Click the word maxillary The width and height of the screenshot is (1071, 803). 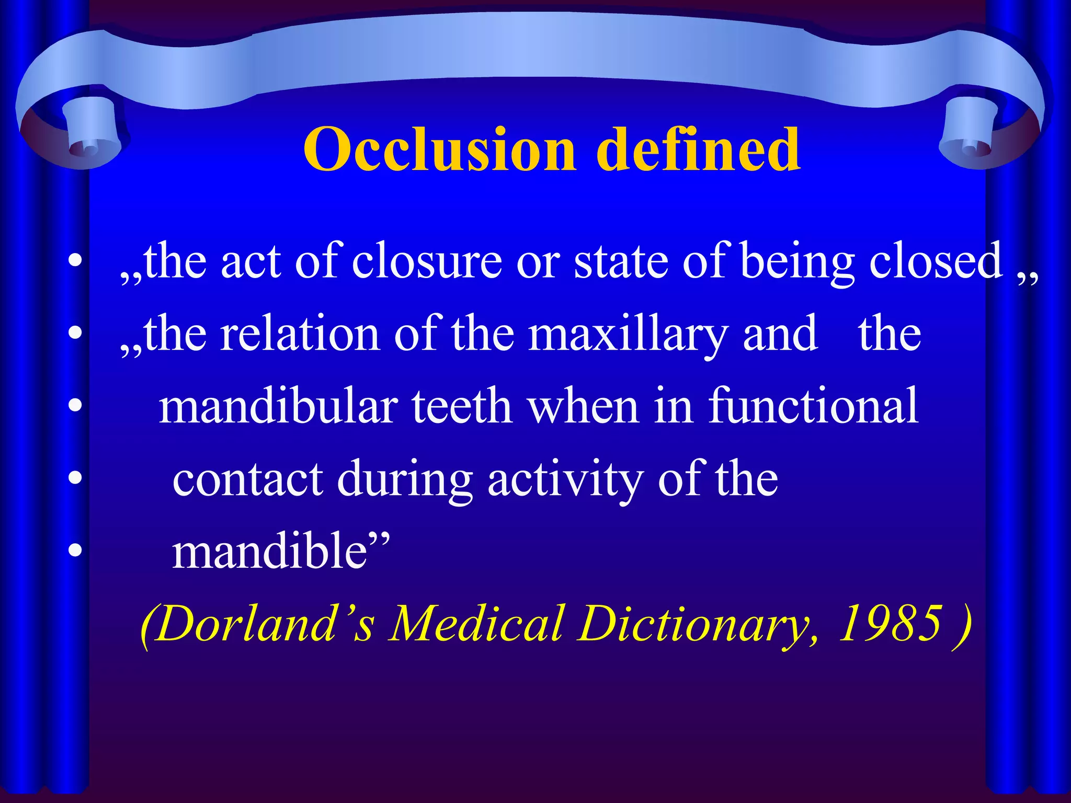click(x=628, y=335)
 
